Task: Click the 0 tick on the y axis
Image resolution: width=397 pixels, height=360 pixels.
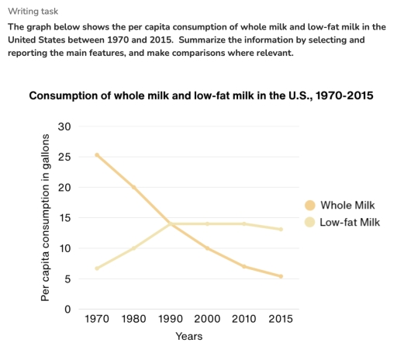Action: [67, 310]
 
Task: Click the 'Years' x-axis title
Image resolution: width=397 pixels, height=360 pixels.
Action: [188, 337]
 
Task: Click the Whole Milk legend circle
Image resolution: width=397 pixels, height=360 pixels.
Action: [309, 206]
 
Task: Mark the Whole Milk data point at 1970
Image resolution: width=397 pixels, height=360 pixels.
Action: [96, 154]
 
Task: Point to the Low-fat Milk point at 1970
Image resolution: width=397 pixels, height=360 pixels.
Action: [96, 268]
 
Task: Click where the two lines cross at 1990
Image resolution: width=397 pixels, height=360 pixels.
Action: [170, 223]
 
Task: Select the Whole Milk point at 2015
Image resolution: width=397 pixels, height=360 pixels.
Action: [280, 276]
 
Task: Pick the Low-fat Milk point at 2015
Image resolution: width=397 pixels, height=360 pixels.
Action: [280, 229]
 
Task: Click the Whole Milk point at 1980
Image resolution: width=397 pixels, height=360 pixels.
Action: [133, 187]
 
